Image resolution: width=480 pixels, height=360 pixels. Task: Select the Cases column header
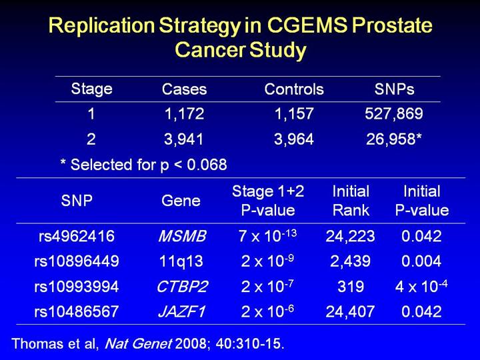(185, 89)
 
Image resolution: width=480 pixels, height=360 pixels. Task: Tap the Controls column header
(294, 89)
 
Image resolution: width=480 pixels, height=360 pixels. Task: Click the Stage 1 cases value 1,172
(184, 114)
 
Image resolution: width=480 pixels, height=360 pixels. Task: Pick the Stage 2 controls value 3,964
(294, 139)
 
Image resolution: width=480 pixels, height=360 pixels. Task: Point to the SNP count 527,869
(393, 114)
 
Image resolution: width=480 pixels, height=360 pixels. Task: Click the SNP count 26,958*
(394, 139)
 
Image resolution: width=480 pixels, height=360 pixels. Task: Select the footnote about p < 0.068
(143, 164)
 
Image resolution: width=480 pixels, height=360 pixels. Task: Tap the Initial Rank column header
(351, 200)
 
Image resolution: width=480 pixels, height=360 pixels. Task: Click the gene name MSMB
(182, 235)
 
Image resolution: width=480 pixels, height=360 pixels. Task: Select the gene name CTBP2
(182, 286)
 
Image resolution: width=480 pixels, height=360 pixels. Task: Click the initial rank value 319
(351, 286)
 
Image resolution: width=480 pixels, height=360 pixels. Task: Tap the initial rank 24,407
(351, 311)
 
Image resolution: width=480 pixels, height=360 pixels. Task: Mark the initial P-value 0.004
(422, 261)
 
